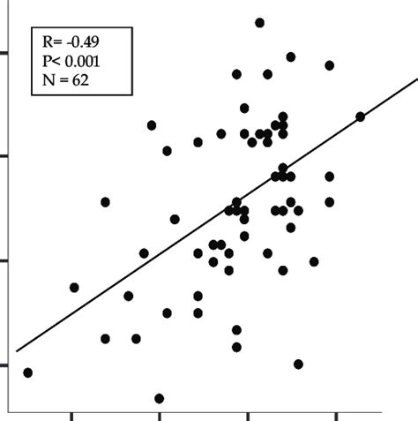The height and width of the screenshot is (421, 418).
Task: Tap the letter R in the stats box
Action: pos(48,41)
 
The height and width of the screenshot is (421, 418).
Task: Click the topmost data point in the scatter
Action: pos(259,22)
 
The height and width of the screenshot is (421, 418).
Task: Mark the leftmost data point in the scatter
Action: pos(27,372)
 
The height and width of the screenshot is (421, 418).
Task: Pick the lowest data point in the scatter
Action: pos(160,398)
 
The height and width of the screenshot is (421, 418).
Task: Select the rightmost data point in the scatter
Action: pos(360,117)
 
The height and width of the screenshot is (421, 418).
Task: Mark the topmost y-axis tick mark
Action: pos(4,52)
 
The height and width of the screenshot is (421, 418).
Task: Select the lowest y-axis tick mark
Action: pos(4,365)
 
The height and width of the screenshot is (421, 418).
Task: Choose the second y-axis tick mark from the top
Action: pos(4,156)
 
